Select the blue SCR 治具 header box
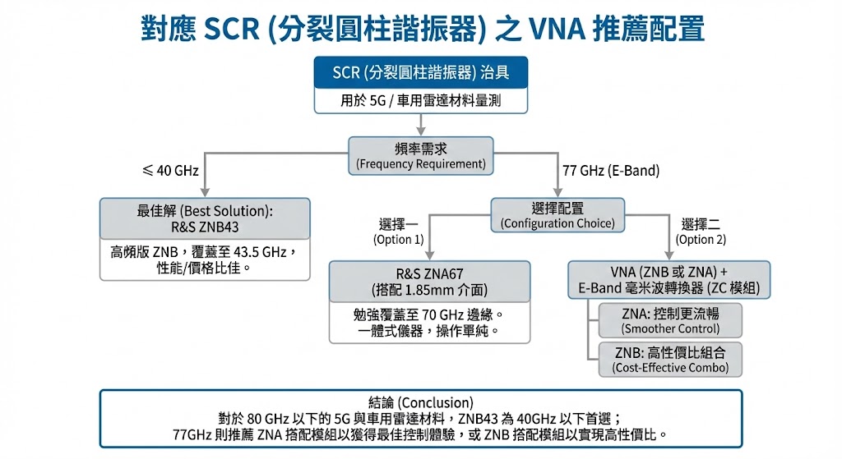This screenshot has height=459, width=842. pos(420,73)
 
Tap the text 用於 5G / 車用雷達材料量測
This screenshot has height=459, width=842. pos(420,101)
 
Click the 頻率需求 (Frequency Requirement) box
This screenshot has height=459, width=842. pos(420,154)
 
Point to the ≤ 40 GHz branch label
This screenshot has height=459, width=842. pos(171,171)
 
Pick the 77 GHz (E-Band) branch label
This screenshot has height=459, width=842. pos(611,172)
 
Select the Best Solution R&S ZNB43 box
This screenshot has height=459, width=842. pos(205,218)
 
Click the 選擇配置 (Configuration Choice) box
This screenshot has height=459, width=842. pos(557,215)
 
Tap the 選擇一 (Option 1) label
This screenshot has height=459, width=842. pos(399,232)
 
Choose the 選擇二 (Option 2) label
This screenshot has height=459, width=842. pos(701,232)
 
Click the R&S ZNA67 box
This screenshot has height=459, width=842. pos(429,282)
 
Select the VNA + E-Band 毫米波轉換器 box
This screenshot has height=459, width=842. pos(669,280)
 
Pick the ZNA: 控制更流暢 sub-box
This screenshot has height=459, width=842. pos(670,320)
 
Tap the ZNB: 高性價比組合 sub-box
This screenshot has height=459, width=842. pos(670,359)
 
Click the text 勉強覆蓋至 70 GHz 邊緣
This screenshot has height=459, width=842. pos(429,314)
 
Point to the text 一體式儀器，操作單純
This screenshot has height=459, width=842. pos(429,331)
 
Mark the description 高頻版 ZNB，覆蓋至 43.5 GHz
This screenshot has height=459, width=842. pos(204,252)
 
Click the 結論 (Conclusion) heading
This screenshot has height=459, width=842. pos(420,402)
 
